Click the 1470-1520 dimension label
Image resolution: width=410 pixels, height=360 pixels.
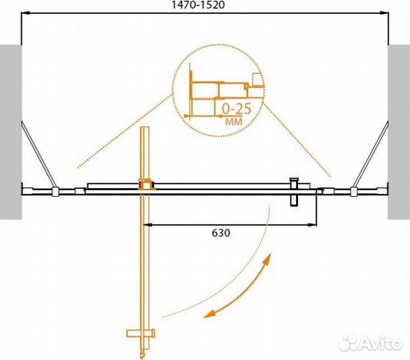click(x=198, y=5)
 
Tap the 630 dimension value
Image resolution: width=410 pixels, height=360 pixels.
click(x=221, y=233)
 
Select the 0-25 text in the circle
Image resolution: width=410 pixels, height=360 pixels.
click(x=237, y=109)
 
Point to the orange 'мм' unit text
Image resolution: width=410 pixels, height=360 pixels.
click(x=234, y=121)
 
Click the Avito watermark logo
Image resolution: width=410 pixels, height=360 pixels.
click(x=370, y=343)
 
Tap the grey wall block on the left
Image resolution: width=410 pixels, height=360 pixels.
click(x=11, y=132)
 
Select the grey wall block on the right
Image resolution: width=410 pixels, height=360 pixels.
click(x=399, y=132)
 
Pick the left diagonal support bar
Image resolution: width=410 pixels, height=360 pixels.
click(x=39, y=155)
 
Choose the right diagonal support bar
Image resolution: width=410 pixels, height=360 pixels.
click(x=371, y=155)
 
